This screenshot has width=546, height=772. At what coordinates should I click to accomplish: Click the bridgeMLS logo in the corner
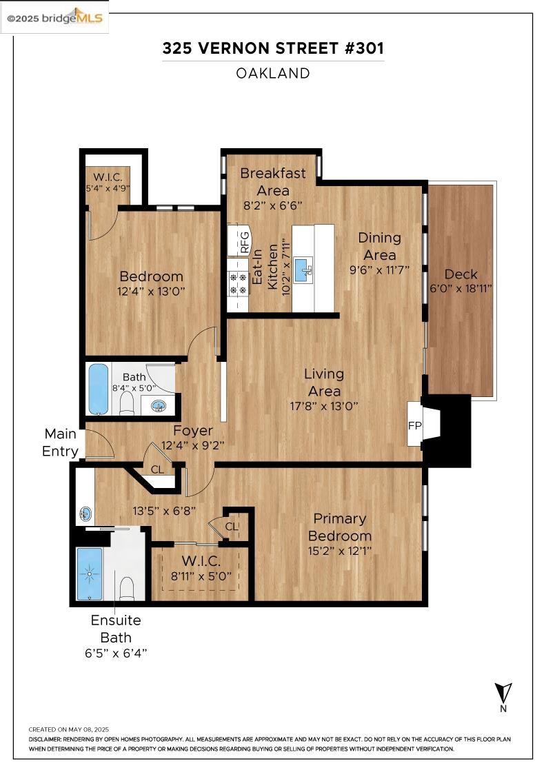click(54, 18)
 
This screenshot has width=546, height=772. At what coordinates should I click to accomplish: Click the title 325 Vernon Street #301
click(273, 48)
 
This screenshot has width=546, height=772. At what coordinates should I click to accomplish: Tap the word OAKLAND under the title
click(273, 73)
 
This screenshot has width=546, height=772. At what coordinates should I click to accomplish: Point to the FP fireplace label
click(414, 425)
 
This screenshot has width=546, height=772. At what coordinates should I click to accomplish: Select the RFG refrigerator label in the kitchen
click(244, 242)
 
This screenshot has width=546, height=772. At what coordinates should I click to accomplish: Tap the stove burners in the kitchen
click(238, 283)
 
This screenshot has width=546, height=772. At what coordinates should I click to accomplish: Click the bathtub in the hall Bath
click(98, 389)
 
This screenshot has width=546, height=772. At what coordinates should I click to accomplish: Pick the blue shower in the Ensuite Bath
click(88, 573)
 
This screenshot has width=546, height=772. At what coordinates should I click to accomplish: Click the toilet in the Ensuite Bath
click(127, 588)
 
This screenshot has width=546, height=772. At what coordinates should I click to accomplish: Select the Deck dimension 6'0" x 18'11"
click(461, 289)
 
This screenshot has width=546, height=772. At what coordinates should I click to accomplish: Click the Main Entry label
click(60, 443)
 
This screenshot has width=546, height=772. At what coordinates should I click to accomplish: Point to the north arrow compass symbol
click(503, 693)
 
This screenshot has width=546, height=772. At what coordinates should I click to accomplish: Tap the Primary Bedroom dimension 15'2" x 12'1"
click(339, 551)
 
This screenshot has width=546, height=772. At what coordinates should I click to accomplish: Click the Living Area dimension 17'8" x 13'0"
click(324, 406)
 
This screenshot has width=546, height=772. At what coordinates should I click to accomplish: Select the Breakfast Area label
click(272, 181)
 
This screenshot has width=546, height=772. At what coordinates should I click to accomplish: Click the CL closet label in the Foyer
click(158, 469)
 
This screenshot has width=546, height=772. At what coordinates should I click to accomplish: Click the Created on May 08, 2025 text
click(68, 729)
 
